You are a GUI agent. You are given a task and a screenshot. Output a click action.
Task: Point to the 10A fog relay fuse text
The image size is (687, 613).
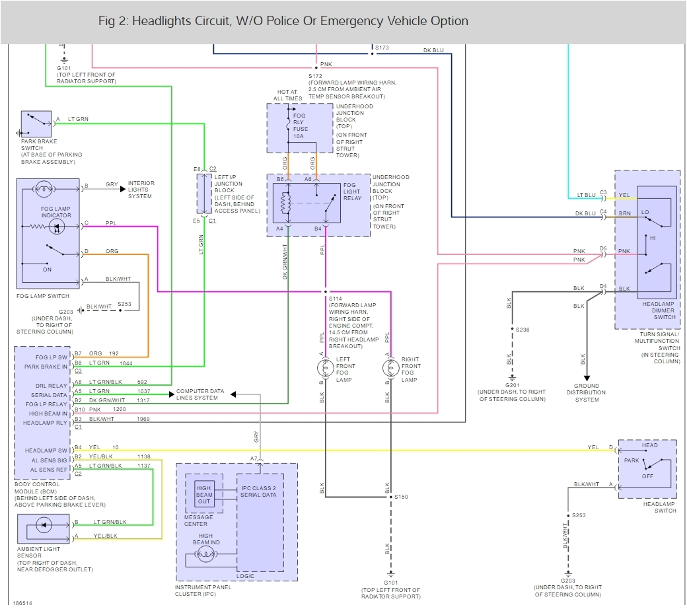coord(299,136)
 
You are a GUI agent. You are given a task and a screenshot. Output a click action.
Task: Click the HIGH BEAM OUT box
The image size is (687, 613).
coord(204,494)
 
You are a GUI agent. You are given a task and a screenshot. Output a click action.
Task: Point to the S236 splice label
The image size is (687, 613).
coord(523,329)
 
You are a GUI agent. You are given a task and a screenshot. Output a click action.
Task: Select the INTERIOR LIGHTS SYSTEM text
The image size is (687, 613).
coord(141,190)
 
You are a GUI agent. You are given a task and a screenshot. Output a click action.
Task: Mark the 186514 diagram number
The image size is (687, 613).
coord(22,603)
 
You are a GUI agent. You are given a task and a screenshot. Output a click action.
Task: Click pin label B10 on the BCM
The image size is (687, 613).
coord(79,410)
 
